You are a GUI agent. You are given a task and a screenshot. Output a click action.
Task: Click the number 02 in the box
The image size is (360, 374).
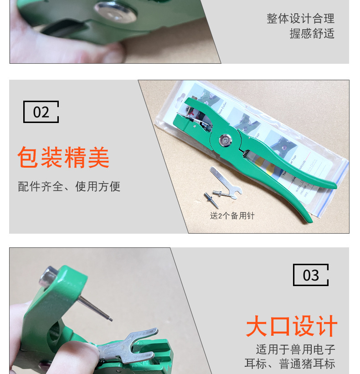[41, 112]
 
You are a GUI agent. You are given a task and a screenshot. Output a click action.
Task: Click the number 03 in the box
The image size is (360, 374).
[311, 275]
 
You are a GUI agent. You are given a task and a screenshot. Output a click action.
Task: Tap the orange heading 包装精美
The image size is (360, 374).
[63, 158]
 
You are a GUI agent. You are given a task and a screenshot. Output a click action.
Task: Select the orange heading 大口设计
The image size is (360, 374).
[291, 327]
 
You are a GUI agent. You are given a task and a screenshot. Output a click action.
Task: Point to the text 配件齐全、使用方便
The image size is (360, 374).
[69, 186]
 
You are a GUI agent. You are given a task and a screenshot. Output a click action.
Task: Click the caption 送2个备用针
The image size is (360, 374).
[232, 216]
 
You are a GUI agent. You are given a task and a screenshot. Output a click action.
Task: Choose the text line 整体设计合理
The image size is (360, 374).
[300, 19]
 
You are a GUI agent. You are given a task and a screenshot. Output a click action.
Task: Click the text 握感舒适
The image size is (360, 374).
[312, 34]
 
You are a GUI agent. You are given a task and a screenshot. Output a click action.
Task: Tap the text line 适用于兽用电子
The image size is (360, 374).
[295, 349]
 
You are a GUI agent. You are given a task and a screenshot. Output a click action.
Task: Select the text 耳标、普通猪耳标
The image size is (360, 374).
[290, 364]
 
